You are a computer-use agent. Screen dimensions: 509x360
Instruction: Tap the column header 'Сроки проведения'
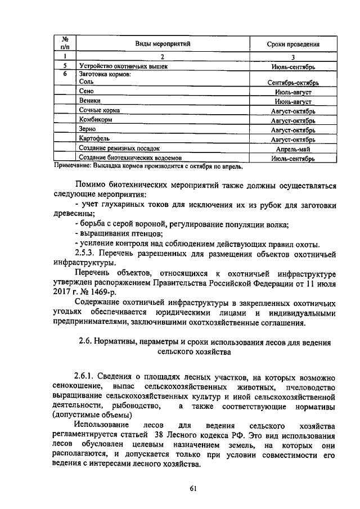point(293,44)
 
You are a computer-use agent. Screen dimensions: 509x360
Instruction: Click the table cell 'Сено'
point(86,91)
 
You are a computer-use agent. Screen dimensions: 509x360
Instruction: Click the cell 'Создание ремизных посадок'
point(119,149)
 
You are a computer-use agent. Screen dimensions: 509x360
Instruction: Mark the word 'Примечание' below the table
point(73,166)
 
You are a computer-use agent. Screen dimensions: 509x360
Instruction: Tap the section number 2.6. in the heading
point(85,342)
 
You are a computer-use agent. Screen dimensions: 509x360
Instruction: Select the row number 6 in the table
point(65,73)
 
